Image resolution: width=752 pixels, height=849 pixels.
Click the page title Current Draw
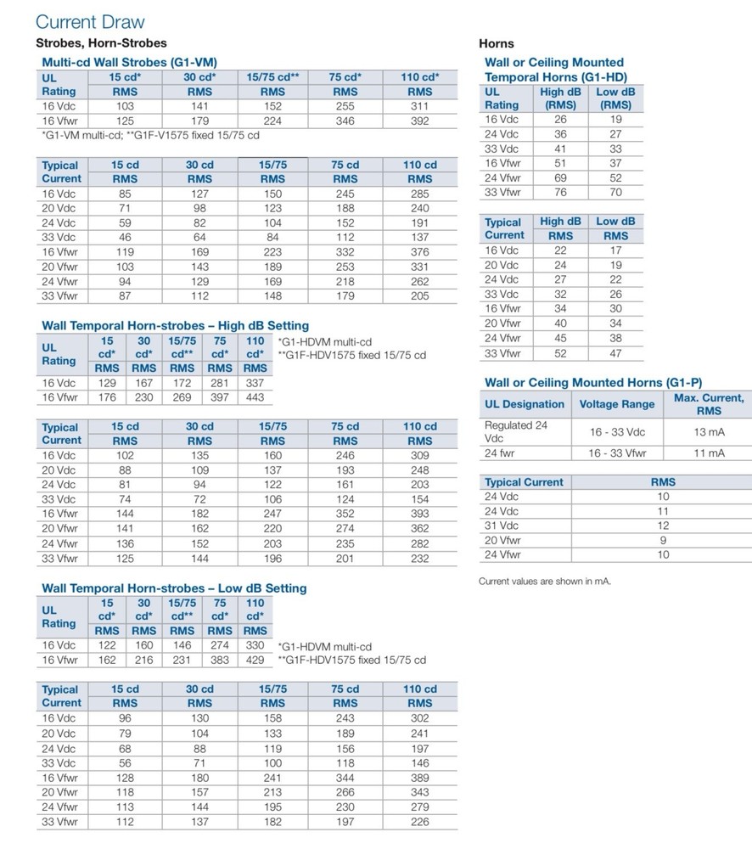(x=91, y=22)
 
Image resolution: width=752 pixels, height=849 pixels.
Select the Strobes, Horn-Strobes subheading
(x=101, y=42)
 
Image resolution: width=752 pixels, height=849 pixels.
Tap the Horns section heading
(x=497, y=43)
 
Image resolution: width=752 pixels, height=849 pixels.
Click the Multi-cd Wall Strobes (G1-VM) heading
(x=129, y=62)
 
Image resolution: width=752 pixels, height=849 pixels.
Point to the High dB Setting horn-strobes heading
(x=176, y=325)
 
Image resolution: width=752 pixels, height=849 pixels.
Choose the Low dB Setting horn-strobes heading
(x=174, y=588)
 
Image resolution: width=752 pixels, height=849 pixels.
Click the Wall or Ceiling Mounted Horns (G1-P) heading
(x=593, y=383)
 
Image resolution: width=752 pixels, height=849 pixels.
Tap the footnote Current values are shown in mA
(x=545, y=582)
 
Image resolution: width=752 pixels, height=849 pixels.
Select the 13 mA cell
(x=709, y=432)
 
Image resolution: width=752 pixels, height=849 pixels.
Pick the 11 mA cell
(x=709, y=453)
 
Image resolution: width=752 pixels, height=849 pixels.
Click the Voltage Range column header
(x=617, y=404)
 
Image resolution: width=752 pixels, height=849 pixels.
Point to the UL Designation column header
(x=525, y=404)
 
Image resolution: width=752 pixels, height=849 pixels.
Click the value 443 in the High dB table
(x=255, y=397)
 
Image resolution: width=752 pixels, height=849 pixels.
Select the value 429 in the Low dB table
(x=255, y=660)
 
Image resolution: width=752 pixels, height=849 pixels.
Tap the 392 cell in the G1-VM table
(x=419, y=121)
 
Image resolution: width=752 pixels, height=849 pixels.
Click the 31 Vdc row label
(x=502, y=526)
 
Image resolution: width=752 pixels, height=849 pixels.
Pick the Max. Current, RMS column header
(x=709, y=404)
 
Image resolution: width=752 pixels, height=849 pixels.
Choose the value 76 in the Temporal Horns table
(x=560, y=193)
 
